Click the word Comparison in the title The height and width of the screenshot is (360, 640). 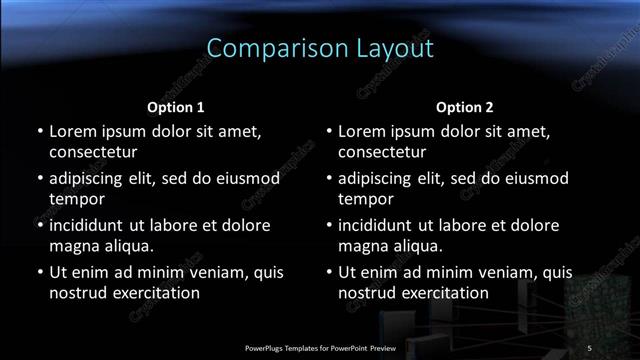click(x=263, y=48)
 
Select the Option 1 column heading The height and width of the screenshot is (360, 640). click(x=176, y=106)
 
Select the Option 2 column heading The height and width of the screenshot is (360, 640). click(x=465, y=106)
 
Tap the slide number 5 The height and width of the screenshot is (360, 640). click(x=589, y=347)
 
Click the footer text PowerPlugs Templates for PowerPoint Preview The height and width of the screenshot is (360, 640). click(x=320, y=347)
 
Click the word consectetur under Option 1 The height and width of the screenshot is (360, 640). click(x=93, y=152)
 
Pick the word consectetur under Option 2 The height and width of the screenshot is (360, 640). click(x=382, y=152)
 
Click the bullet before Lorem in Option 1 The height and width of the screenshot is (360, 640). click(x=39, y=131)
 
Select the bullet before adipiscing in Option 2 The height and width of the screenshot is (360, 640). click(x=328, y=178)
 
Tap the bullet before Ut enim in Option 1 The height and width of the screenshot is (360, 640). click(x=39, y=272)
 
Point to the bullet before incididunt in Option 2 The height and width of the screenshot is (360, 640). click(x=328, y=225)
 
